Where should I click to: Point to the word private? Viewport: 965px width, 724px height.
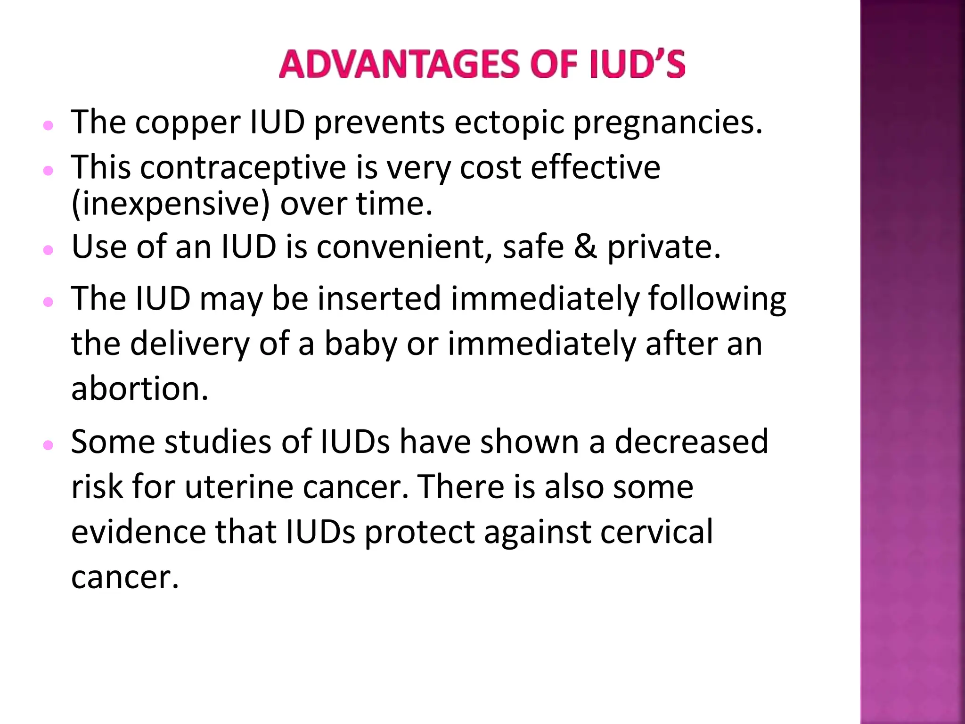[664, 248]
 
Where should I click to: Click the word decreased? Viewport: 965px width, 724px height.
[691, 442]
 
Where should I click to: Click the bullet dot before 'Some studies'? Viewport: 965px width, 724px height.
[48, 444]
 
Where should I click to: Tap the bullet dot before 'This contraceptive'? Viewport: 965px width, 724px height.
[48, 171]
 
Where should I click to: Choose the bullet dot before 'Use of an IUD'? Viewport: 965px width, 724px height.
[48, 250]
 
